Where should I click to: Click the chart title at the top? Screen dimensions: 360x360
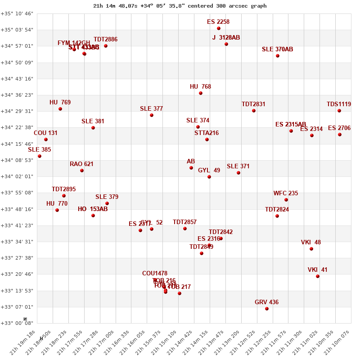[180, 6]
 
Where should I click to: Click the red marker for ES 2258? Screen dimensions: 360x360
[219, 28]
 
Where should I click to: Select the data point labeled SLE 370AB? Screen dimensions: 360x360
[278, 56]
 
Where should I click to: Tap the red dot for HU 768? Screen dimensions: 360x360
[201, 93]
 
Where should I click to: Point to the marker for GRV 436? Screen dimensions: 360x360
[267, 309]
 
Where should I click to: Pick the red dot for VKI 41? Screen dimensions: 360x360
[318, 276]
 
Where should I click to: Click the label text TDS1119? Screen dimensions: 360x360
[339, 104]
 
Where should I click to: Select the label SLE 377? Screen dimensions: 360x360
[151, 109]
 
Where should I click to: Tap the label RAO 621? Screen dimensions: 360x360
[81, 164]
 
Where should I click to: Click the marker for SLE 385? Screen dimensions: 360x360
[40, 156]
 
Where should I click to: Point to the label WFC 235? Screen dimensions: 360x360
[286, 193]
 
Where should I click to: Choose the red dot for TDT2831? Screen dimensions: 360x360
[254, 111]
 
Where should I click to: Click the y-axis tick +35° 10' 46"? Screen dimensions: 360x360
[17, 13]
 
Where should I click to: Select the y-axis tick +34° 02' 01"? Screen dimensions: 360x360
[17, 176]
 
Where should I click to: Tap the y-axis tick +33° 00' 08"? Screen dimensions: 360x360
[17, 323]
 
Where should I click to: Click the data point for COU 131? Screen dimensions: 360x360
[46, 139]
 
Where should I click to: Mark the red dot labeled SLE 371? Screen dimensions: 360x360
[238, 173]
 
